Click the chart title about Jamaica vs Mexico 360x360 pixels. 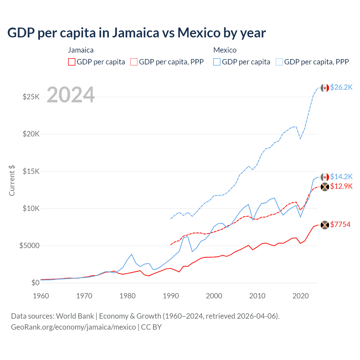(136, 33)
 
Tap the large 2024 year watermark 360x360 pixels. (71, 95)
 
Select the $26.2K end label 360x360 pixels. (341, 87)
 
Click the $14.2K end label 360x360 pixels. (341, 177)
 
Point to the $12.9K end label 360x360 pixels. (341, 186)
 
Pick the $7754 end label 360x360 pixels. (340, 224)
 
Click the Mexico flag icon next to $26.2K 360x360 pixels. (325, 88)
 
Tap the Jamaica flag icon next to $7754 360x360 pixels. (325, 225)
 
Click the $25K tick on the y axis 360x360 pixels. (31, 97)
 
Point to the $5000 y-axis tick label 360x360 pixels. (29, 246)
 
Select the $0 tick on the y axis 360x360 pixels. (35, 283)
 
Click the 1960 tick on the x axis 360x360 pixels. (41, 296)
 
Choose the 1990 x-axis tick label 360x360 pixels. (171, 296)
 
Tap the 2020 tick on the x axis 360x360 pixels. (301, 296)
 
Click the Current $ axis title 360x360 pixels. (12, 181)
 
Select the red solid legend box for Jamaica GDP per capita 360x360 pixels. (72, 62)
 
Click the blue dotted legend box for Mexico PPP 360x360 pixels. (279, 62)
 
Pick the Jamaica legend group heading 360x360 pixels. (81, 50)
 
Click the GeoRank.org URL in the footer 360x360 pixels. (73, 327)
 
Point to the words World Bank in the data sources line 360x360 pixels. (75, 316)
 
